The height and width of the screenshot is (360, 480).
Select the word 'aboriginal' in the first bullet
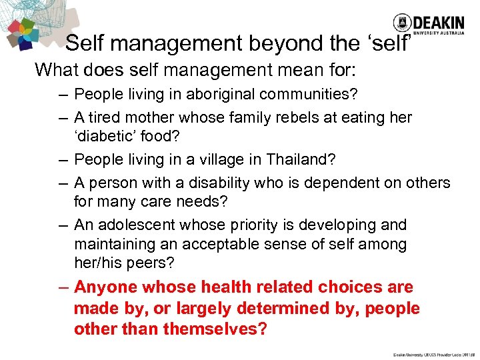click(x=217, y=95)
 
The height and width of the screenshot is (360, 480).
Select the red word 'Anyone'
click(x=106, y=287)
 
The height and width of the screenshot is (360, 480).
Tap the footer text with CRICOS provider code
click(x=435, y=354)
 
